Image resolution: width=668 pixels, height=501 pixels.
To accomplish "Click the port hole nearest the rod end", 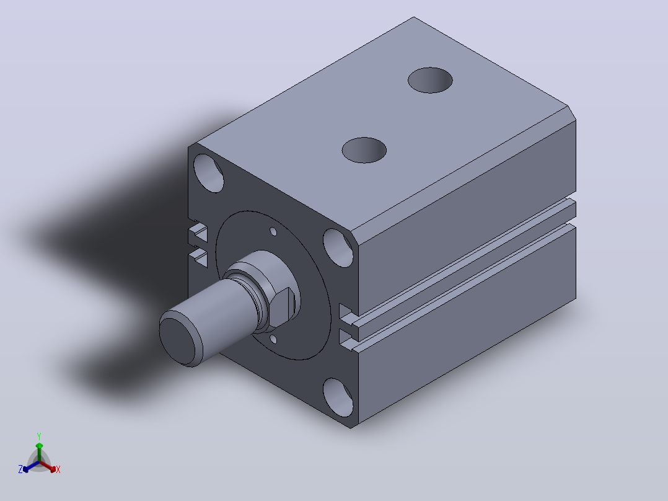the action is coord(364,150).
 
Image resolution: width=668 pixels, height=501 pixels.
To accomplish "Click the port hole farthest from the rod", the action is coord(430,80).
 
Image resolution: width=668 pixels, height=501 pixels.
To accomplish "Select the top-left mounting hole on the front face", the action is coord(208,173).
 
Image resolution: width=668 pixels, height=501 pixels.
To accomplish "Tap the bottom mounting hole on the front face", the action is coord(338,397).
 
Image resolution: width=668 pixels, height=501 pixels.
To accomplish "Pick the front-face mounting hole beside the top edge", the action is coord(338,248).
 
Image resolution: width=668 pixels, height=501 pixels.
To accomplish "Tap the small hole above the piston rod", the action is coord(273,231).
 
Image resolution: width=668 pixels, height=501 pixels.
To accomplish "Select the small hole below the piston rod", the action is coord(273,339).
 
